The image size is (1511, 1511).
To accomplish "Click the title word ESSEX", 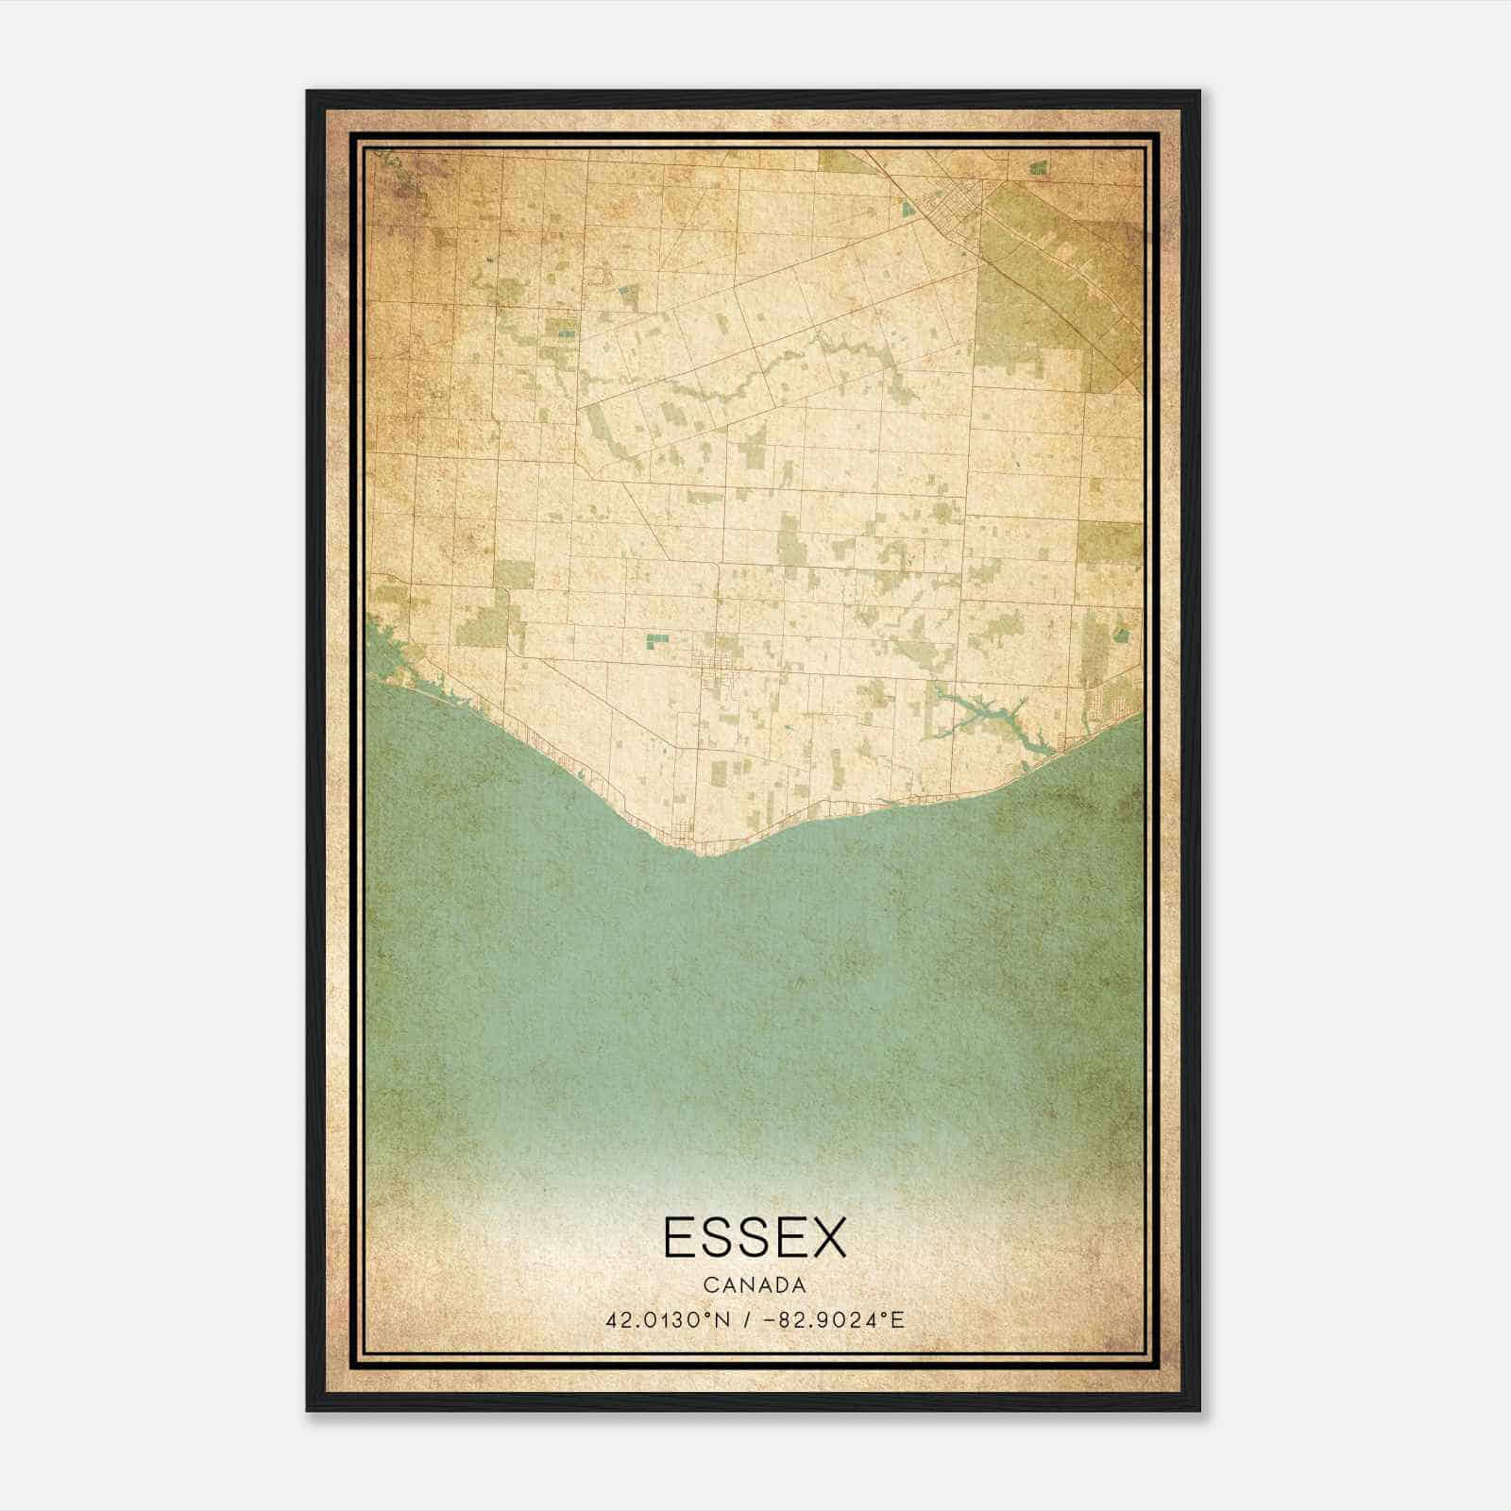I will (x=755, y=1237).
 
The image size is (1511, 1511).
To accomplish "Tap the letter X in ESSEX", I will (x=825, y=1237).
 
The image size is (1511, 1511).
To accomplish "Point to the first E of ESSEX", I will (x=682, y=1237).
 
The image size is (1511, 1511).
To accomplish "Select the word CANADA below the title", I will (x=755, y=1285).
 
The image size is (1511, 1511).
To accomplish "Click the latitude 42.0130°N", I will (x=668, y=1319).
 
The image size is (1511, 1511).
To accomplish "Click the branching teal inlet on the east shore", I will (x=977, y=709).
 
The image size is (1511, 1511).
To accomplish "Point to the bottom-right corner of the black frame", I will (x=1198, y=1410).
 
